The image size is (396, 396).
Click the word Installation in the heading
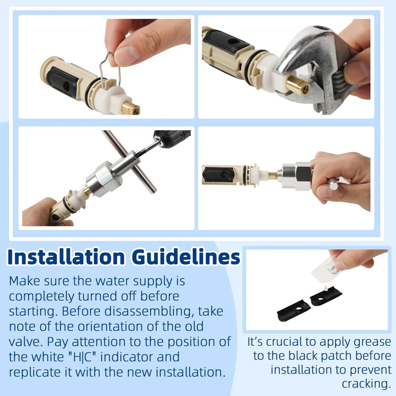tap(66, 257)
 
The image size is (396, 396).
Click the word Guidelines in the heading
tap(186, 257)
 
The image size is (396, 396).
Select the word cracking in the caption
tap(366, 384)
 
